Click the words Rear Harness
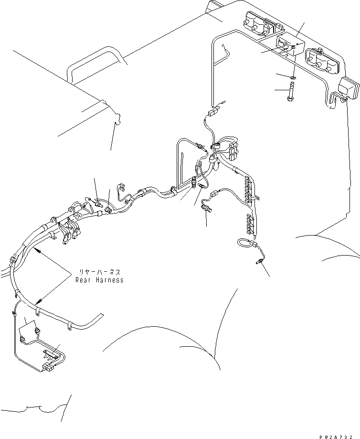(x=99, y=280)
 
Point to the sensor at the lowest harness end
(x=260, y=260)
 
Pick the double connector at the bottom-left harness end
(x=48, y=368)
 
